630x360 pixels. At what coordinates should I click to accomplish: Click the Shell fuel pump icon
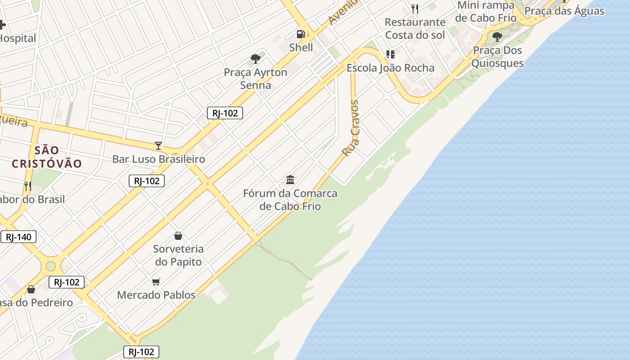300,34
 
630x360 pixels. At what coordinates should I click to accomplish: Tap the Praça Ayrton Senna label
256,79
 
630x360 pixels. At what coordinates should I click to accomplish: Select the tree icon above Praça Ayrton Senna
256,58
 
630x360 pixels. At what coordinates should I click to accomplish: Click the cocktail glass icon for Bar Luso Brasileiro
158,145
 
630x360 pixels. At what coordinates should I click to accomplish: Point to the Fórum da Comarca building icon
290,180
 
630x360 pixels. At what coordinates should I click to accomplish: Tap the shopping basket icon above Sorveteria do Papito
178,236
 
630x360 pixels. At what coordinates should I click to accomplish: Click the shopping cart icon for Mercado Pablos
156,282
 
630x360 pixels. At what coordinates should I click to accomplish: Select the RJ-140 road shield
18,237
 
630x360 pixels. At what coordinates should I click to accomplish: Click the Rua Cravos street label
351,128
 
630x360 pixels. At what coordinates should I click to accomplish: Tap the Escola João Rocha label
390,68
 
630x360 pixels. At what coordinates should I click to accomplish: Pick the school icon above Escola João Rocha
390,54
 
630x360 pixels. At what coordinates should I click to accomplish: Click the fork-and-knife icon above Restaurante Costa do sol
415,9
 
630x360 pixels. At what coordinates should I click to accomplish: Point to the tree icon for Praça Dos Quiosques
497,37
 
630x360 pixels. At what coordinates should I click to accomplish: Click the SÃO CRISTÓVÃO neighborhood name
47,157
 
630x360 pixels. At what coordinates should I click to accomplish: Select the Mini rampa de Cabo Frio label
486,12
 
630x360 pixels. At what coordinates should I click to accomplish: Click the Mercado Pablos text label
156,295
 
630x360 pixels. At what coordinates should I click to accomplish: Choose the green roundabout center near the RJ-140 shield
50,266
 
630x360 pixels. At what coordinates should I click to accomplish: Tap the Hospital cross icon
2,25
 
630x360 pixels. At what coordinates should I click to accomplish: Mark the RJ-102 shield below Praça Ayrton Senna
225,113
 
